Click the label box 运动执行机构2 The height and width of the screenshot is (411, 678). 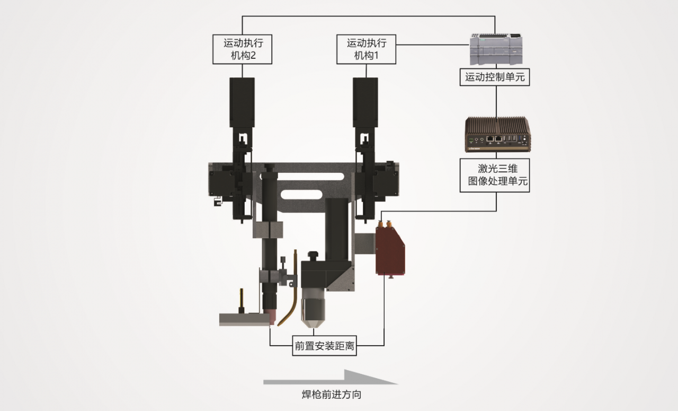tap(242, 49)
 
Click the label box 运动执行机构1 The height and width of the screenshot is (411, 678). tap(366, 49)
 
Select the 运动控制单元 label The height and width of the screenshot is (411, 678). tap(495, 77)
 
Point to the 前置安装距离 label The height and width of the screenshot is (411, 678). tap(325, 347)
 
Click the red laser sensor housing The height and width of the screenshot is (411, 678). tap(390, 250)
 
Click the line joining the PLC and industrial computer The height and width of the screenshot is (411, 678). tap(496, 101)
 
